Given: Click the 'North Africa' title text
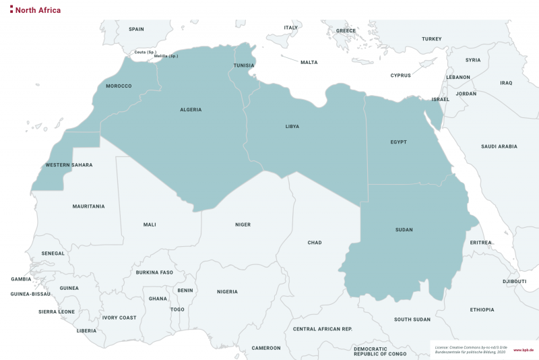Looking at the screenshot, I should pos(38,10).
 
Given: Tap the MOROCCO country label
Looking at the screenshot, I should pos(119,86).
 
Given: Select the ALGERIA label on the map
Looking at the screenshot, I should pos(191,109).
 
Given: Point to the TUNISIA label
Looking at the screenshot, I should pos(244,65).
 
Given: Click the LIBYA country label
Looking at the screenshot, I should pos(292,126).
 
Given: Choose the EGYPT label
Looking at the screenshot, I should pos(399,142).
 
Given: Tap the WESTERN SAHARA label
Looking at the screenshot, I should pos(69,164).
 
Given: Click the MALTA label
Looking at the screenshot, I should pos(309,63).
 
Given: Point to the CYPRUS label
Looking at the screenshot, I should pos(400,76).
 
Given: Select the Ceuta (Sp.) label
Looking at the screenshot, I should pos(146,52).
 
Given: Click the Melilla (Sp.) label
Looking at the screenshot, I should pos(166,56).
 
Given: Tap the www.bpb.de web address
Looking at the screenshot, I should pos(523,350).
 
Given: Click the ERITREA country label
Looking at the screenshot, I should pos(481,242).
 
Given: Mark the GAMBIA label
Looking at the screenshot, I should pos(22,278).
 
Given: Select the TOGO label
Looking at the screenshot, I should pos(177,309).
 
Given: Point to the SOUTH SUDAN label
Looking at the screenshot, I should pos(412,319).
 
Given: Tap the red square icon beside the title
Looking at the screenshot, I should pos(11,10).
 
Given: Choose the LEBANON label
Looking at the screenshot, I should pos(458,77).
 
